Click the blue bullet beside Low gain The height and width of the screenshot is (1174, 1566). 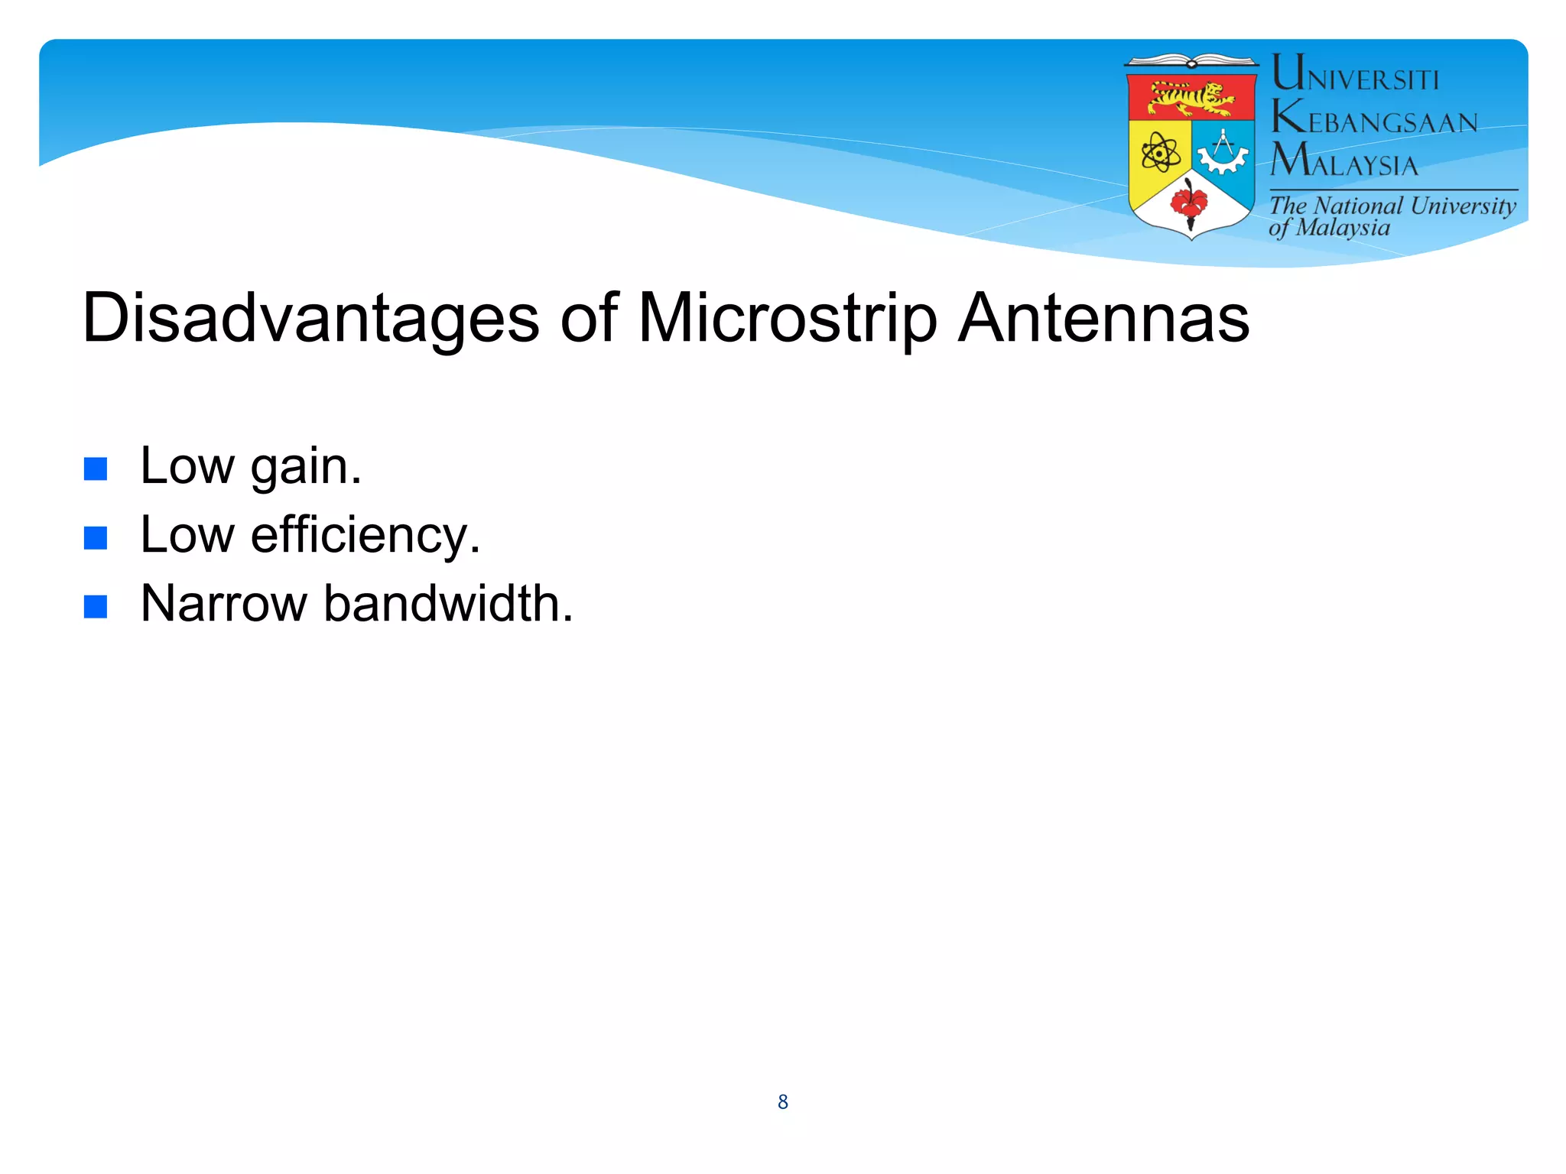click(96, 469)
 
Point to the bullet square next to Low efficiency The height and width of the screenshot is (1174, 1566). click(96, 538)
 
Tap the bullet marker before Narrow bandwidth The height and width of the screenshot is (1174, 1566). click(96, 607)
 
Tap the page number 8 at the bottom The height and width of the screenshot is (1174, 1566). click(782, 1101)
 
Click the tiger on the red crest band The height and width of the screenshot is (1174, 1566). click(1191, 98)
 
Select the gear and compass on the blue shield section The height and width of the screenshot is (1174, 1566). click(1223, 153)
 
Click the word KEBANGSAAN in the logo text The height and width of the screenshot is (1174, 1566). click(1374, 119)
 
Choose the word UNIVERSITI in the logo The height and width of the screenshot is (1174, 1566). click(1355, 75)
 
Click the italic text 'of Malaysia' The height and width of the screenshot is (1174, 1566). click(1329, 228)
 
